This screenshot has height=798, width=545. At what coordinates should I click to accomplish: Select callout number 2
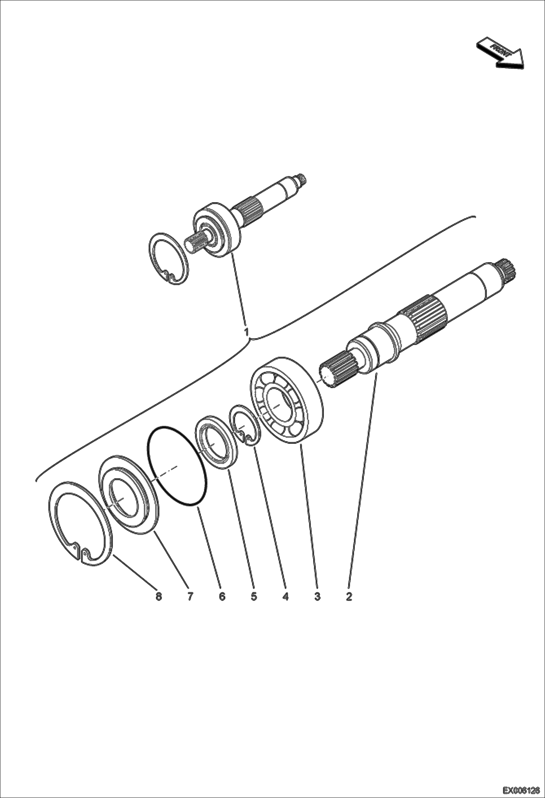349,596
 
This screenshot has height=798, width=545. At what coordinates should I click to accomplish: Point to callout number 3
317,596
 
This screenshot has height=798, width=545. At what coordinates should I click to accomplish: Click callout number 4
286,596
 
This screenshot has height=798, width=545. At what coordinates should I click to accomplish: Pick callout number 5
254,596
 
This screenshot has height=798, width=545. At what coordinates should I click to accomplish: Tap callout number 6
222,596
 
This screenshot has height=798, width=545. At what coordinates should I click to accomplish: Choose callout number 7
190,596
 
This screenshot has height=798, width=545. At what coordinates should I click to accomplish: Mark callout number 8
159,596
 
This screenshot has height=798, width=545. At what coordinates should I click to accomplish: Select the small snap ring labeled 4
245,426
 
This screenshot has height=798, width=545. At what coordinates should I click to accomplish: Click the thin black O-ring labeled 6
178,465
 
